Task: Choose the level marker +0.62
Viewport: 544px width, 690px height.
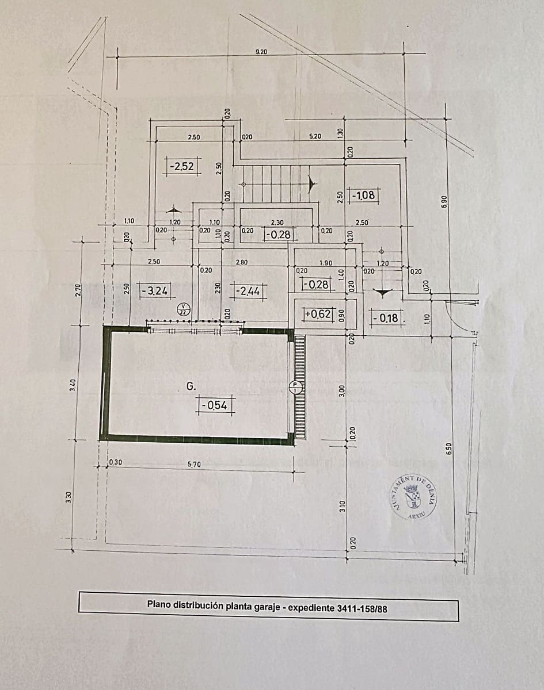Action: [318, 314]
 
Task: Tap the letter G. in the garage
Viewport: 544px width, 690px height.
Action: [191, 388]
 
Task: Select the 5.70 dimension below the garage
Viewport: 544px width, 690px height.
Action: [194, 465]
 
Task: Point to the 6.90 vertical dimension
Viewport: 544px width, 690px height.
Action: [443, 202]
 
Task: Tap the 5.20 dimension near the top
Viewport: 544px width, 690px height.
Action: [315, 136]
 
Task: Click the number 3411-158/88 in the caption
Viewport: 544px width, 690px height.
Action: [362, 605]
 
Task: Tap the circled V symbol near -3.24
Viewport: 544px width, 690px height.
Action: [183, 309]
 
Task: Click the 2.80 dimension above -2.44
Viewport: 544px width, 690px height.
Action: [242, 262]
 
